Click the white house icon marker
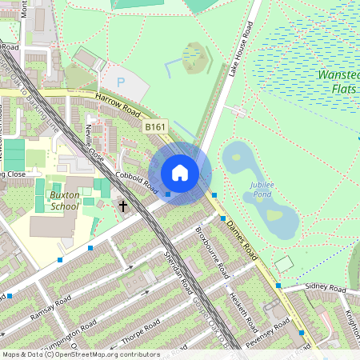pyautogui.click(x=180, y=172)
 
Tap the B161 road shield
pyautogui.click(x=155, y=126)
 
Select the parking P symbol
pyautogui.click(x=122, y=82)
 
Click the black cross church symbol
pyautogui.click(x=123, y=206)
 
